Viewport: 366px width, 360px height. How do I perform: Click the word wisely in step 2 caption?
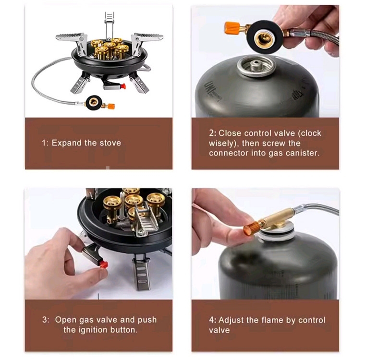coord(222,143)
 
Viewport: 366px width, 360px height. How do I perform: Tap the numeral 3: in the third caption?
coord(46,319)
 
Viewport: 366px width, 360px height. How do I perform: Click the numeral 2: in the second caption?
coord(213,133)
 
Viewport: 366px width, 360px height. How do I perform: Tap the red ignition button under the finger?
coord(104,264)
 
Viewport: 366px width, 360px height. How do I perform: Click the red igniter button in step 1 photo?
coord(123,86)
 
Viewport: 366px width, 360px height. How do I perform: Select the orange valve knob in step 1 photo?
coord(111,107)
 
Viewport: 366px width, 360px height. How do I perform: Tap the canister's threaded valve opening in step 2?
coord(256,67)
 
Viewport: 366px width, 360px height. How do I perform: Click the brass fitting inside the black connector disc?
coord(264,38)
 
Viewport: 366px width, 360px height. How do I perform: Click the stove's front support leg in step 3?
coord(141,271)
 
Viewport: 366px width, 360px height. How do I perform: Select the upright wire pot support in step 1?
coord(109,25)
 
